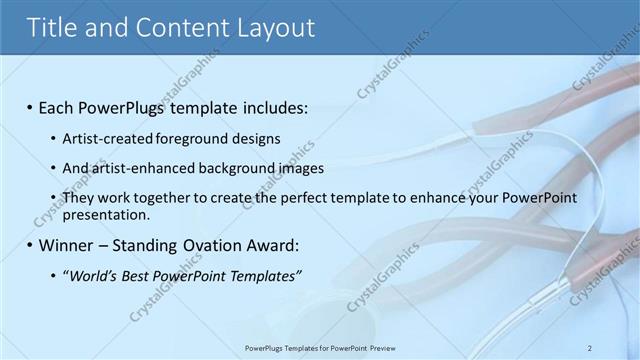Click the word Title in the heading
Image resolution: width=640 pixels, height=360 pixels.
tap(52, 27)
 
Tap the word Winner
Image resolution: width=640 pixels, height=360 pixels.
tap(65, 244)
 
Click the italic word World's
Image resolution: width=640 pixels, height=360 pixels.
tap(93, 276)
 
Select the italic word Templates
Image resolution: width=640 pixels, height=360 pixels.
tap(262, 276)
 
